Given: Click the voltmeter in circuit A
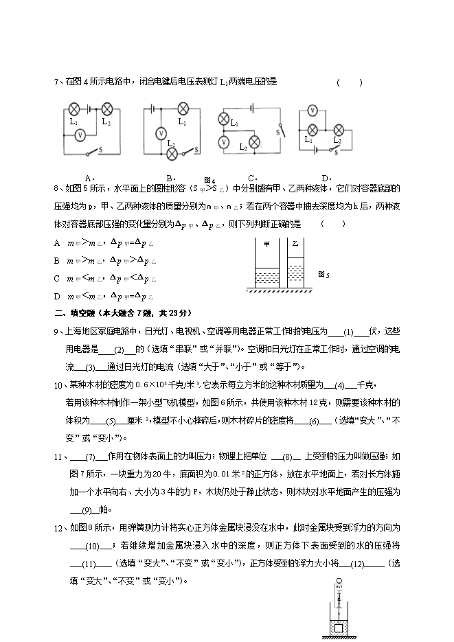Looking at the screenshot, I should click(80, 135).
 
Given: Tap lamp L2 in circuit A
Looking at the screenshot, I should click(107, 108).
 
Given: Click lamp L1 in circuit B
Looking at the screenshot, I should click(183, 108).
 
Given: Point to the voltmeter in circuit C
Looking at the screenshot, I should click(223, 142).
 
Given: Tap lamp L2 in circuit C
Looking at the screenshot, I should click(253, 142).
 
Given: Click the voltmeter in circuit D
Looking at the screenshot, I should click(313, 110).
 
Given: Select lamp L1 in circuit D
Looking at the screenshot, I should click(313, 129).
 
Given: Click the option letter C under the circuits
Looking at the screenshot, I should click(251, 178).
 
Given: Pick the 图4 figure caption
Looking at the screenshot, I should click(209, 180).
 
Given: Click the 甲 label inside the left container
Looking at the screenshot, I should click(266, 244).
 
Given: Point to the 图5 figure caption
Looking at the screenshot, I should click(324, 274).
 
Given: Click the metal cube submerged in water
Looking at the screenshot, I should click(338, 627).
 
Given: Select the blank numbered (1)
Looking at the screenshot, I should click(348, 332).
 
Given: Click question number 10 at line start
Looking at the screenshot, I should click(58, 385).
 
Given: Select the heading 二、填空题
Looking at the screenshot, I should click(73, 313).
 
